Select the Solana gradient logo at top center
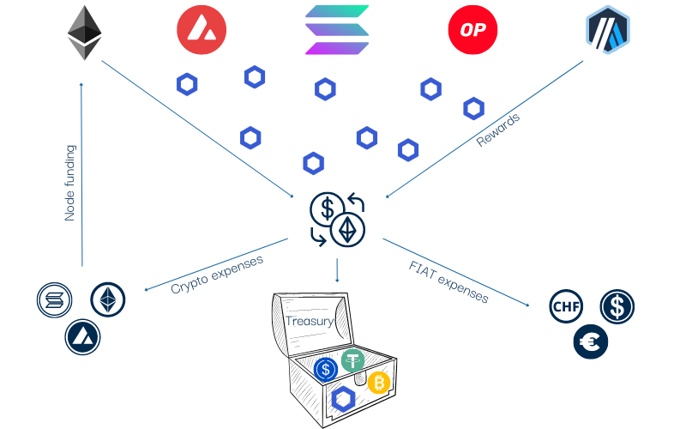[336, 31]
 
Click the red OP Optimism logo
[472, 31]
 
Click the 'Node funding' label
[70, 183]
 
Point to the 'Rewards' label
[498, 130]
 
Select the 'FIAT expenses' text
[448, 281]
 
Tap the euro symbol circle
[592, 342]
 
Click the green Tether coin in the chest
[353, 361]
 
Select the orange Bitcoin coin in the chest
[379, 383]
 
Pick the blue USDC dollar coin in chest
[325, 370]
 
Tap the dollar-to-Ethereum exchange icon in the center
[337, 219]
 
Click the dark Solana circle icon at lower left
[54, 300]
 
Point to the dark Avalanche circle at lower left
[82, 335]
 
